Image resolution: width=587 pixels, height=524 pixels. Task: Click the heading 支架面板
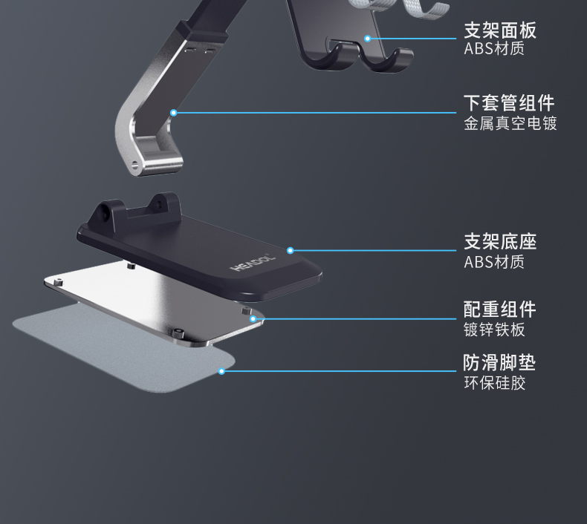pos(499,30)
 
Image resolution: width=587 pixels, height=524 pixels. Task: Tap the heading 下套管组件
pos(509,102)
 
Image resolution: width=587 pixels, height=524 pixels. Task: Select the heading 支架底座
pos(499,241)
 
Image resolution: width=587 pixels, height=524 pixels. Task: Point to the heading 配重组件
pos(499,310)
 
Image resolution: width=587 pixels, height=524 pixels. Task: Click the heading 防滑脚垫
pos(499,363)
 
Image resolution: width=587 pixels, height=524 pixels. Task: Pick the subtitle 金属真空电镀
pos(510,123)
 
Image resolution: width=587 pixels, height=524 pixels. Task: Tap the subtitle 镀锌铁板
pos(494,330)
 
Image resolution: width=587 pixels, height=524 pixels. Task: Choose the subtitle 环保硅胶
pos(494,383)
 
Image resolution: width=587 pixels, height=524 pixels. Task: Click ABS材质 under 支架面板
pos(494,50)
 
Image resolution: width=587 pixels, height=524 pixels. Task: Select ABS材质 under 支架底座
pos(494,261)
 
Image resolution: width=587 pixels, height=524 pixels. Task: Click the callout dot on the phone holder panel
pos(367,38)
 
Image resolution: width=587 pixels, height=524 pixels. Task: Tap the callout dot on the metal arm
pos(174,113)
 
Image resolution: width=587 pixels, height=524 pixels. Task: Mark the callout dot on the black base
pos(291,251)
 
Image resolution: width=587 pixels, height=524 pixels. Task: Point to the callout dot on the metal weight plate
pos(253,319)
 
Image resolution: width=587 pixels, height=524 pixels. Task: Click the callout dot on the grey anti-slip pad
pos(221,370)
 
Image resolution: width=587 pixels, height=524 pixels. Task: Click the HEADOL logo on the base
pos(253,261)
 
